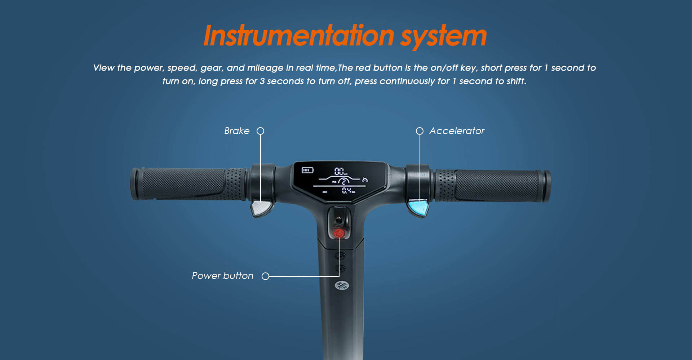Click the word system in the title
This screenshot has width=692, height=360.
pos(444,37)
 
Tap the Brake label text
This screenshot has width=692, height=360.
pos(237,131)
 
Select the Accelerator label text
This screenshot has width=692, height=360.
pos(457,131)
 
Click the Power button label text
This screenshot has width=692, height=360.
pos(222,276)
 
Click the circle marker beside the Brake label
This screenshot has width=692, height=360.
pos(260,131)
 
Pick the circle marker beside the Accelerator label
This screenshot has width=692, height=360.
pos(420,131)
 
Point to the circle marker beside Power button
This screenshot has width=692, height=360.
pos(265,276)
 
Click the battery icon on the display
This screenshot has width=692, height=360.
pos(307,170)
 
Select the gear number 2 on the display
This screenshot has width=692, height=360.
pos(343,181)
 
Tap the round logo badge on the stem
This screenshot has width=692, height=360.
pos(342,286)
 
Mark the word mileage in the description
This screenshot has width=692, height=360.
pos(265,68)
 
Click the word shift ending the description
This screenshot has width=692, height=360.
pos(516,81)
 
